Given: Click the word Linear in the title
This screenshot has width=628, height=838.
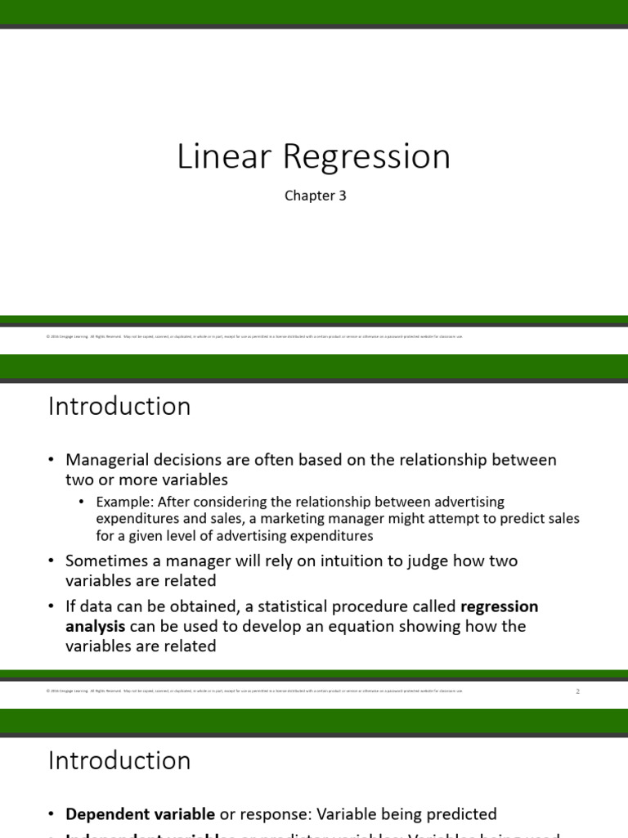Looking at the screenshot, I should point(218,157).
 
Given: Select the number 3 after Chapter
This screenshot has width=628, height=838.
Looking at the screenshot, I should point(343,196).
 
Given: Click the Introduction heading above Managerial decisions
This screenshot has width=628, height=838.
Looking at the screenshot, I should point(119,406).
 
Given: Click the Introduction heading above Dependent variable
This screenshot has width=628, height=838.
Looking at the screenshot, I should point(119,760).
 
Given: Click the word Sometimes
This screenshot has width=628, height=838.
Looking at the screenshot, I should point(104,561).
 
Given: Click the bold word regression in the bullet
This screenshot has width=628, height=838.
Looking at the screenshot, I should point(500,606).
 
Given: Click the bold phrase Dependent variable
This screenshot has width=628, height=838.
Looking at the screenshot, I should point(140,813).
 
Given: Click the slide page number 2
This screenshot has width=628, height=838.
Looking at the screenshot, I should point(577,692).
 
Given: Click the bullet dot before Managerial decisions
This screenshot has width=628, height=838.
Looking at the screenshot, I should point(52,461).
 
